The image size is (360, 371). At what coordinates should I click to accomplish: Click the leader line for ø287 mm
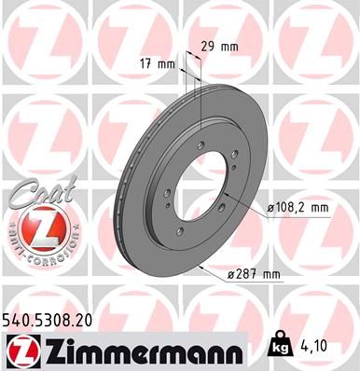pyautogui.click(x=215, y=271)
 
